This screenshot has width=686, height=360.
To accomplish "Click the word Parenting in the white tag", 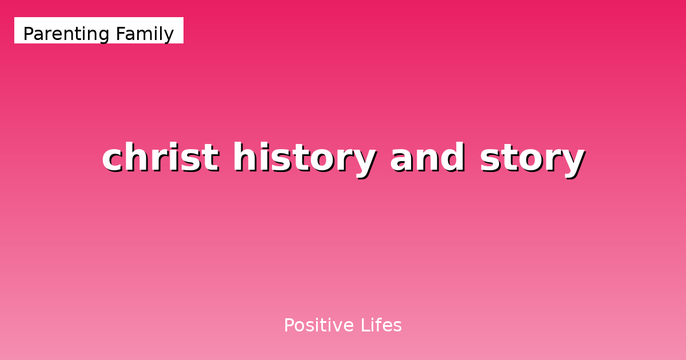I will (x=66, y=34).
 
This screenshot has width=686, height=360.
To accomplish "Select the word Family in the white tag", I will (x=145, y=34).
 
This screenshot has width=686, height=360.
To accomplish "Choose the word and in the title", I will (x=427, y=158).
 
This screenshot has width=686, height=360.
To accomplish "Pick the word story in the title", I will (x=532, y=158).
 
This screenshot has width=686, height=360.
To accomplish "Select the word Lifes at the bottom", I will (x=381, y=326).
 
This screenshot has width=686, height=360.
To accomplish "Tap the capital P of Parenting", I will (x=28, y=34).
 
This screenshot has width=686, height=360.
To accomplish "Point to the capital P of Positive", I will (x=289, y=326).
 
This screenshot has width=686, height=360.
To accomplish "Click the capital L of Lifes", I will (x=364, y=326).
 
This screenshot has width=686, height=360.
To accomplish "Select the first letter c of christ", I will (x=113, y=159).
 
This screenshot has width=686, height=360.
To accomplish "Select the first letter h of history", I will (x=243, y=158).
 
